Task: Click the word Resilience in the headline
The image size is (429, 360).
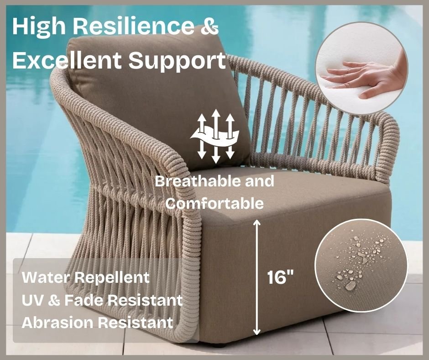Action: tap(134, 26)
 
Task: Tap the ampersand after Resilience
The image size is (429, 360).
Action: tap(210, 26)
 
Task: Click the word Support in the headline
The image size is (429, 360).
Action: tap(177, 61)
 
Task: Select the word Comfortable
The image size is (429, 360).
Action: tap(214, 204)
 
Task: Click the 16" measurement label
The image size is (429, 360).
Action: tap(280, 277)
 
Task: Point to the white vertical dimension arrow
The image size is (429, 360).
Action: tap(256, 277)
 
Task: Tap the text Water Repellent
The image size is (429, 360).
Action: tap(86, 277)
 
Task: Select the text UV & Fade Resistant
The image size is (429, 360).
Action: tap(102, 300)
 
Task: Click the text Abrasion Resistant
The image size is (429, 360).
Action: tap(97, 323)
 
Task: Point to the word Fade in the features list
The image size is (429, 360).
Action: tap(83, 300)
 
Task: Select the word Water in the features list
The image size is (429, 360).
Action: tap(46, 277)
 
